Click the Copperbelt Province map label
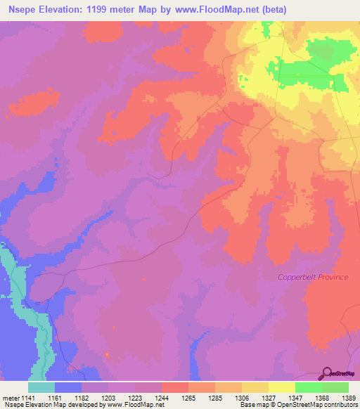[312, 277]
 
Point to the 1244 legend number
[162, 398]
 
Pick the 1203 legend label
[108, 398]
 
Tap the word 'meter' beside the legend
[12, 398]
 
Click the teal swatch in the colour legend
[41, 387]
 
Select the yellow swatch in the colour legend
[282, 387]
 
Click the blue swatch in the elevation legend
[68, 387]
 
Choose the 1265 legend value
[188, 398]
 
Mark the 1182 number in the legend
[82, 398]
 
